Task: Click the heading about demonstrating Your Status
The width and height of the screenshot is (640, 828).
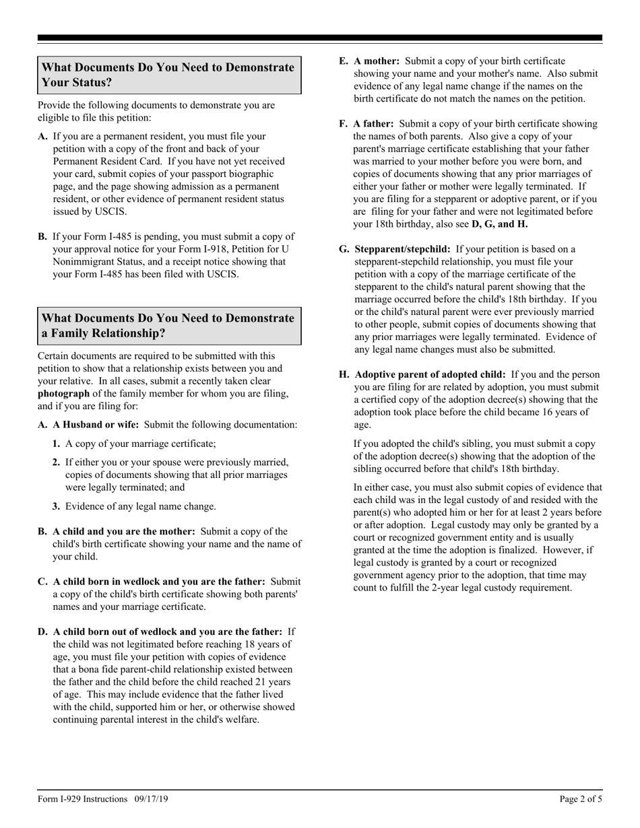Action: coord(168,75)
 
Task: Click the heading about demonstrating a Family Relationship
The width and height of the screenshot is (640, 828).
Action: coord(168,326)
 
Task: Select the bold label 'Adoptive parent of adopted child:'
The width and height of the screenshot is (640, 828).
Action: coord(430,374)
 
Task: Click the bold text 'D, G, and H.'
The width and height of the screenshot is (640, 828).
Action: coord(499,224)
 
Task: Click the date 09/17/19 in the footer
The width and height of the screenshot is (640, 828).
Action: coord(151,799)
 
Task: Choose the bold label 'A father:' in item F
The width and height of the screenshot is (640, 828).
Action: coord(375,124)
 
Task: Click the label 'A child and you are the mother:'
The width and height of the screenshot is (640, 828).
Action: coord(124,531)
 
